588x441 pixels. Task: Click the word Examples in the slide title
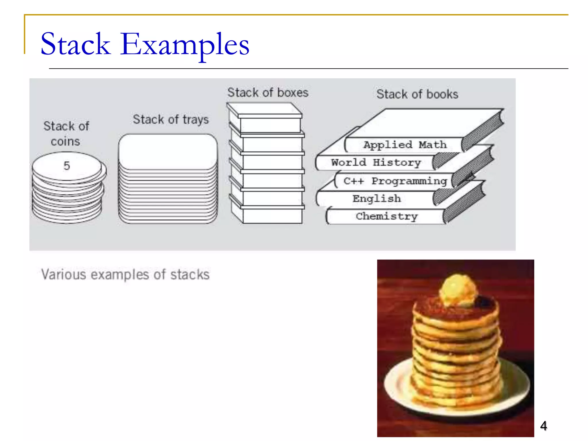pyautogui.click(x=185, y=45)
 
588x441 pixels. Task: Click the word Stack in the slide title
pyautogui.click(x=75, y=45)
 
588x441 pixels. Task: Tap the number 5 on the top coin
pyautogui.click(x=67, y=166)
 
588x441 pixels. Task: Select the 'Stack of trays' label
pyautogui.click(x=171, y=119)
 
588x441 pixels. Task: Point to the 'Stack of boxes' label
pyautogui.click(x=268, y=93)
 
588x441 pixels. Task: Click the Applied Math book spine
pyautogui.click(x=405, y=145)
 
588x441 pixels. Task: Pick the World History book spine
pyautogui.click(x=376, y=163)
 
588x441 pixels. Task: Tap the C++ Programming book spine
pyautogui.click(x=395, y=181)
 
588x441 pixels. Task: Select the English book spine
pyautogui.click(x=376, y=198)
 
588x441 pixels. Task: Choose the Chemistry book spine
pyautogui.click(x=386, y=216)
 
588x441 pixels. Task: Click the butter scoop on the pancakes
pyautogui.click(x=457, y=290)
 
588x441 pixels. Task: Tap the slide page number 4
pyautogui.click(x=543, y=425)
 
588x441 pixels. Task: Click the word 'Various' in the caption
pyautogui.click(x=64, y=274)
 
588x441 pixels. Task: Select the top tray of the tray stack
pyautogui.click(x=168, y=151)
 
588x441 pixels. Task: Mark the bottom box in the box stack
pyautogui.click(x=271, y=215)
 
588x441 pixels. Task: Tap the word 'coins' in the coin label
pyautogui.click(x=65, y=142)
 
